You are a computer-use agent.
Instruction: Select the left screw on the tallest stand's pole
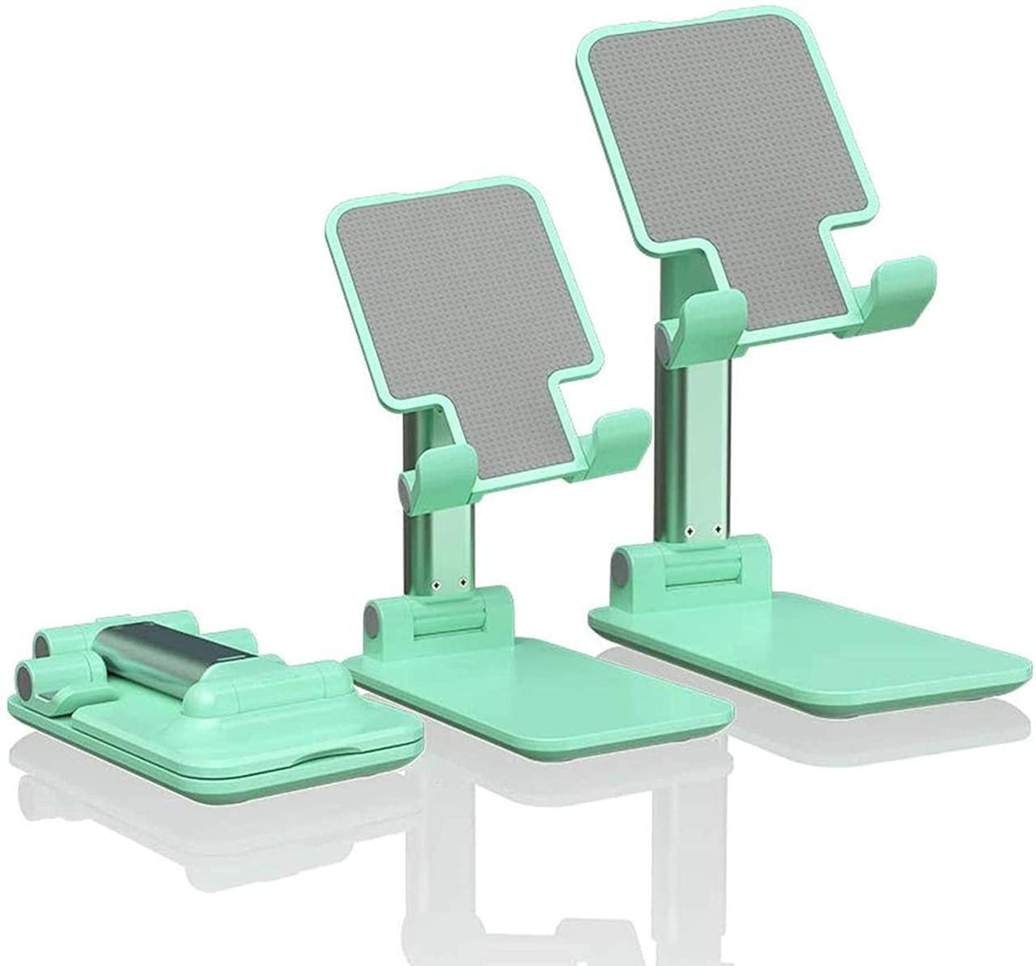(690, 531)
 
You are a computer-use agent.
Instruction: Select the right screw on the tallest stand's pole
(718, 531)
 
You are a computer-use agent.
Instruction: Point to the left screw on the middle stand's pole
(435, 583)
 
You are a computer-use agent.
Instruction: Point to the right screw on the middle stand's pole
(462, 582)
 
